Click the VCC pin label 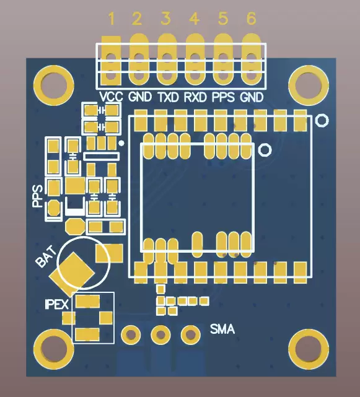[112, 97]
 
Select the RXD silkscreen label [195, 97]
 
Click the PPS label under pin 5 [223, 97]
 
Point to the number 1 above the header [112, 19]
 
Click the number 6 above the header [251, 19]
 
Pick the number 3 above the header [165, 19]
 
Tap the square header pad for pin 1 [112, 61]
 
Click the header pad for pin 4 [195, 61]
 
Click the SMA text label [222, 329]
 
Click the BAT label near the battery [46, 256]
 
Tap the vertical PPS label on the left [37, 195]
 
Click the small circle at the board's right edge [322, 120]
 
